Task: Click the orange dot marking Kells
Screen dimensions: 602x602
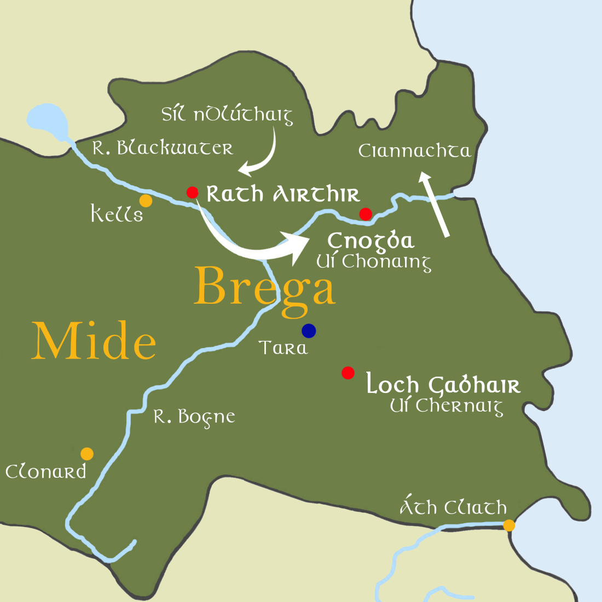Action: click(x=146, y=201)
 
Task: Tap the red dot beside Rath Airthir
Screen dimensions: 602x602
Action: click(x=192, y=192)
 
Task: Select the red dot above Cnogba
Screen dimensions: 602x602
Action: click(x=366, y=213)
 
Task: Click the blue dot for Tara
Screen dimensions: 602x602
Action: click(x=309, y=331)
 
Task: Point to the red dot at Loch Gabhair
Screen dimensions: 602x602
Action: click(x=348, y=373)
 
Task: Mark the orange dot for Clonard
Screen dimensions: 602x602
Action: click(x=87, y=454)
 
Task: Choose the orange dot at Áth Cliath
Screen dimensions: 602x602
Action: click(x=509, y=525)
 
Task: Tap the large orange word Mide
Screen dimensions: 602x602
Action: click(x=94, y=341)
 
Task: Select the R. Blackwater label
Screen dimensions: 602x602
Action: click(x=163, y=148)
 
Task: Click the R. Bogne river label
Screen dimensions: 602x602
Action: click(x=194, y=418)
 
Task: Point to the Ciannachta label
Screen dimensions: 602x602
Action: click(x=414, y=151)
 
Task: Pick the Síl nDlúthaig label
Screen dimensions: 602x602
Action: click(x=227, y=115)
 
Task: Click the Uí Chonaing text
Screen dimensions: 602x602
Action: click(x=374, y=262)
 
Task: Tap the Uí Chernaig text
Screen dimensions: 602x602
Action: click(x=447, y=407)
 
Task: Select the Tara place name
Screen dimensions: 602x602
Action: click(x=283, y=348)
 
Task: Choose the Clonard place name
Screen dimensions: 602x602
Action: click(x=46, y=472)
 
